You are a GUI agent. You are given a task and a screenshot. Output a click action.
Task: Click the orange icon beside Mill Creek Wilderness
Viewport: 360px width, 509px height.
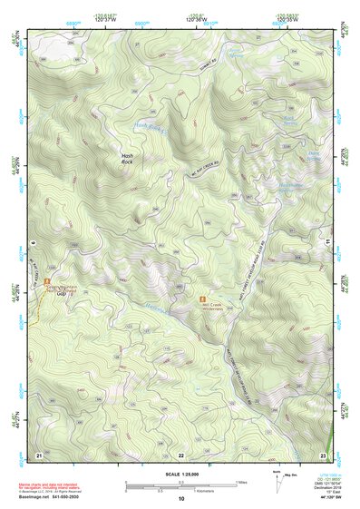point(203,296)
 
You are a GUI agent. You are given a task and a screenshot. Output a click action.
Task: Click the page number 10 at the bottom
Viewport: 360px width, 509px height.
point(181,498)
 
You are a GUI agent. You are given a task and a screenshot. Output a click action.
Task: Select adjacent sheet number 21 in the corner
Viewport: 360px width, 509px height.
point(39,453)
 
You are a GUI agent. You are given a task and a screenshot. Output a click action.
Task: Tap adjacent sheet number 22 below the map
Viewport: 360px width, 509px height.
point(181,453)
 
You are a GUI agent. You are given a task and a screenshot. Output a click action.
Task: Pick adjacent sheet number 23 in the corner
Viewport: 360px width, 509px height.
point(323,453)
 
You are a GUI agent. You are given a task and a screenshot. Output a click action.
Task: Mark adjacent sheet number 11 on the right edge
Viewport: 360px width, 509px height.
point(328,242)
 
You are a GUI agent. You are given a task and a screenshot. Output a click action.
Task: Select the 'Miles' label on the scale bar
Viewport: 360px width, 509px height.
point(240,481)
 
